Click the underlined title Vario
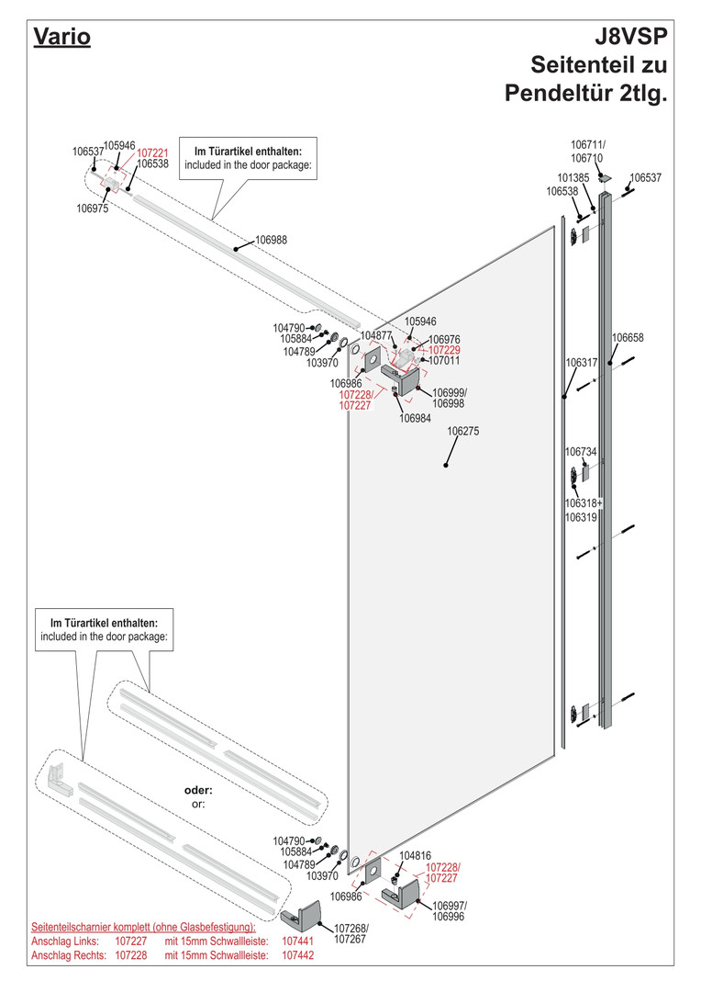(61, 39)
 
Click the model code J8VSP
(631, 38)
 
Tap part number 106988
(271, 240)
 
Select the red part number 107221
(152, 152)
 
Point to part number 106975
(92, 209)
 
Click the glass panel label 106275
(463, 430)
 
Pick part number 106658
(629, 337)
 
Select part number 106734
(581, 452)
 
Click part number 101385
(573, 177)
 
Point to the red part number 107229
(444, 350)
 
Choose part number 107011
(444, 361)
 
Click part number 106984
(415, 419)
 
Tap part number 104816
(416, 855)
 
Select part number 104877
(376, 335)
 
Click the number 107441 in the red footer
(297, 941)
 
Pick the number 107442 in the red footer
(297, 955)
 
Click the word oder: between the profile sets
(198, 790)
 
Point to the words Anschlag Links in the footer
(60, 941)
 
